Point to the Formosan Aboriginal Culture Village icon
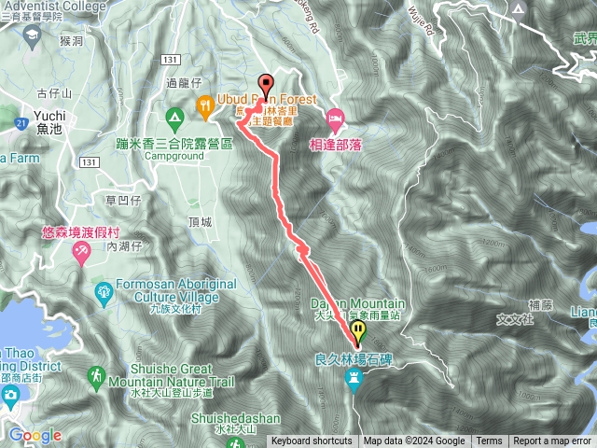pyautogui.click(x=103, y=297)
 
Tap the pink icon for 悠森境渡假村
pyautogui.click(x=81, y=252)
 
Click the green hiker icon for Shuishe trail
pyautogui.click(x=96, y=375)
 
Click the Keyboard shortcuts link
pyautogui.click(x=312, y=441)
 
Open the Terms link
pyautogui.click(x=489, y=441)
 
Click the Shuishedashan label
pyautogui.click(x=233, y=418)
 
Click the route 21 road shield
pyautogui.click(x=21, y=122)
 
